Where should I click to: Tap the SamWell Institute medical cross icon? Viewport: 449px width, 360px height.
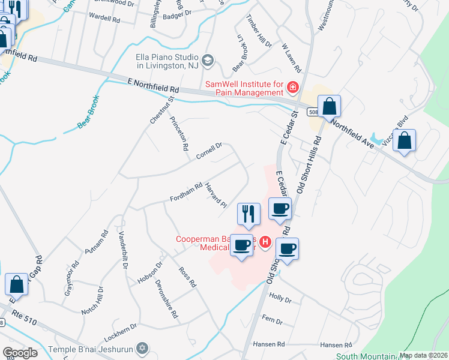(293, 88)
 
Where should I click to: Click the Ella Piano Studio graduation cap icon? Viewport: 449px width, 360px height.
(207, 59)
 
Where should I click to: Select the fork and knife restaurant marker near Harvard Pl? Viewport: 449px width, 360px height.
(249, 213)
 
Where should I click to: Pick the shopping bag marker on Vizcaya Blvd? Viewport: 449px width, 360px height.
(405, 141)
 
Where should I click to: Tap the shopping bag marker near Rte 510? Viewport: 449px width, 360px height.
(17, 285)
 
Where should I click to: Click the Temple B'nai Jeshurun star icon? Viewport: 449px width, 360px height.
(142, 347)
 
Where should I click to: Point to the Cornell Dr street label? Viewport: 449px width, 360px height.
(209, 151)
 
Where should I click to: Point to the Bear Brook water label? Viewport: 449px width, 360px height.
(88, 112)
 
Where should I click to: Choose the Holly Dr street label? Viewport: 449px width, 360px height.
(280, 298)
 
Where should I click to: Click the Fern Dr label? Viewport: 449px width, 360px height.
(272, 321)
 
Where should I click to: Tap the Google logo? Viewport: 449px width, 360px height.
(20, 353)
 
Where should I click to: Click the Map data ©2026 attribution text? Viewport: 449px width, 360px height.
(424, 355)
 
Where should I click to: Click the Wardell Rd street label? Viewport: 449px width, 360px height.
(104, 18)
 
